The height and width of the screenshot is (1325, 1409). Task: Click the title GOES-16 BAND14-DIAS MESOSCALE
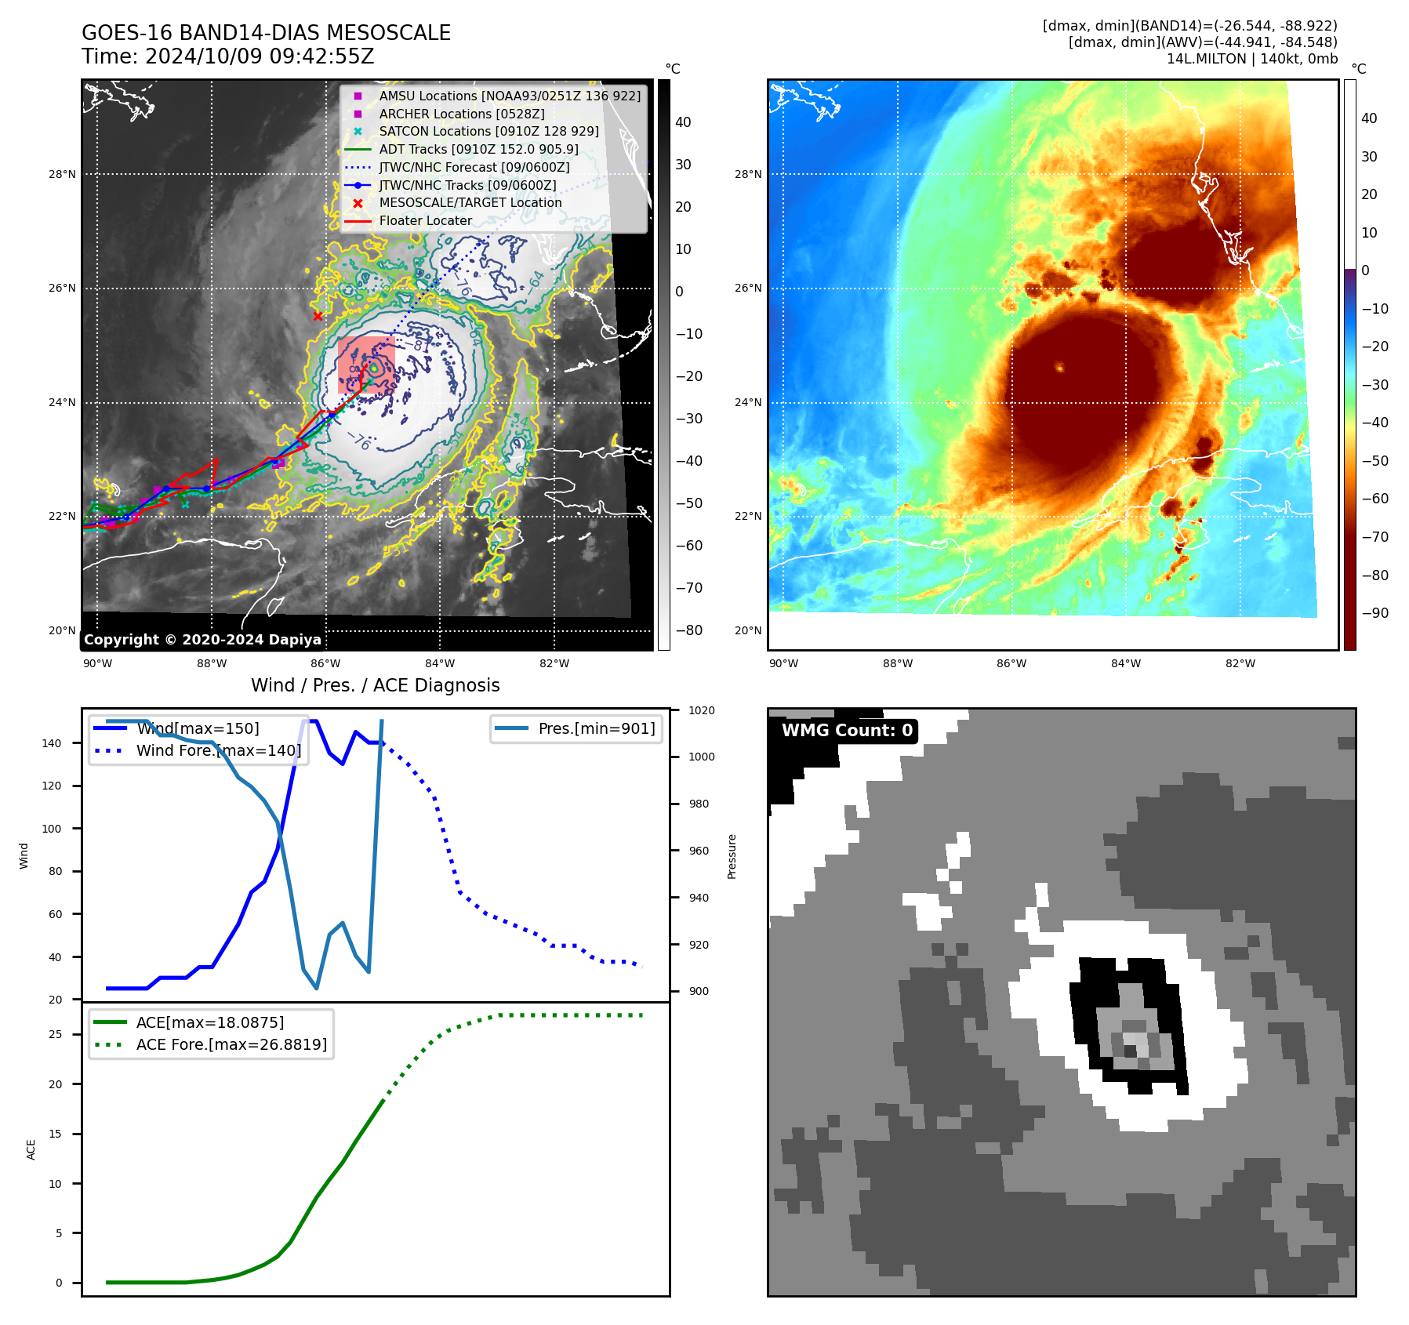[x=266, y=33]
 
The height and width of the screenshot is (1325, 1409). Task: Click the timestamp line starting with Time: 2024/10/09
[x=227, y=56]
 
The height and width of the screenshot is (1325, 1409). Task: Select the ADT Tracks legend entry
[x=478, y=149]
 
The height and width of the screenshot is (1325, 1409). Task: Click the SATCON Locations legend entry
[x=488, y=131]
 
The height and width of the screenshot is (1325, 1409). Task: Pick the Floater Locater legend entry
[x=425, y=220]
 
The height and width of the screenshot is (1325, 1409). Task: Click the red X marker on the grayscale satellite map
[x=318, y=316]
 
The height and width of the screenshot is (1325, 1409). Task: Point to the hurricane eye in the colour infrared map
[x=1059, y=367]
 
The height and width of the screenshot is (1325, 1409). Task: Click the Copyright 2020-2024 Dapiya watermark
[x=202, y=640]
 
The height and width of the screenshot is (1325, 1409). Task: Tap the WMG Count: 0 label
[x=847, y=731]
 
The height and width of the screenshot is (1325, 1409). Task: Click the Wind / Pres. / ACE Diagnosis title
[x=375, y=685]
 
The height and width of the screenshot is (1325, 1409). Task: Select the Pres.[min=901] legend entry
[x=596, y=728]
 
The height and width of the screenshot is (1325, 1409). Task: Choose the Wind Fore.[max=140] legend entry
[x=218, y=750]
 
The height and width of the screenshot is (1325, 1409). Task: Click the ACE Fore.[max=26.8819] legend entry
[x=231, y=1044]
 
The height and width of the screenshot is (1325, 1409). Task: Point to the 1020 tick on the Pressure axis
[x=701, y=710]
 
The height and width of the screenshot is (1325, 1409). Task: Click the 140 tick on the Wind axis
[x=52, y=743]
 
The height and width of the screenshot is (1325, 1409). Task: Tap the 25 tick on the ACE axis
[x=55, y=1034]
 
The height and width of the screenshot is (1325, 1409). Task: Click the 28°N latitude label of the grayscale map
[x=62, y=174]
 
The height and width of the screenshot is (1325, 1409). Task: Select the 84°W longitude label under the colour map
[x=1125, y=663]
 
